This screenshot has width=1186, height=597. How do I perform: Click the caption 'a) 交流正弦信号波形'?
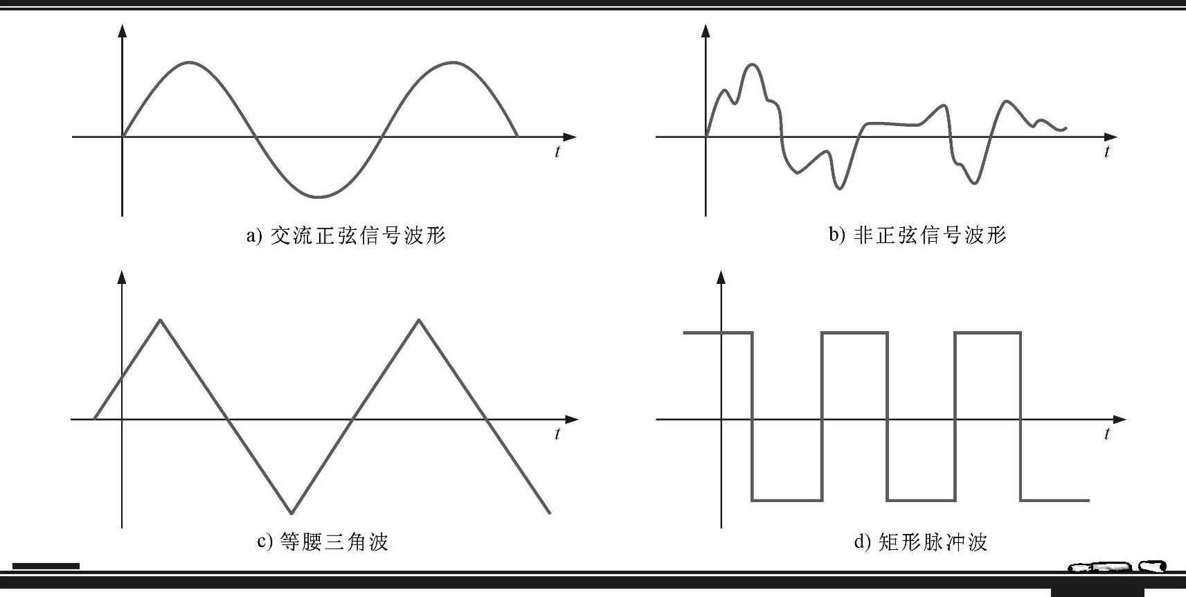(346, 235)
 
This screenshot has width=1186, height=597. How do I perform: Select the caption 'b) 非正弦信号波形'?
(917, 235)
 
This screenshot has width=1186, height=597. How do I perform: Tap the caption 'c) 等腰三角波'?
(323, 541)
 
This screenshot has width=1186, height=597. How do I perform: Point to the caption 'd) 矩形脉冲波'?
(920, 541)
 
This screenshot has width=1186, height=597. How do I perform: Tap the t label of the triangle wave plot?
(557, 434)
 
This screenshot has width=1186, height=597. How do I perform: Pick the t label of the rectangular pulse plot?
(1107, 434)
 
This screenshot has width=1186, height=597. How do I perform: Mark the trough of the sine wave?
(318, 197)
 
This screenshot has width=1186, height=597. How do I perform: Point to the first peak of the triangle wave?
(161, 319)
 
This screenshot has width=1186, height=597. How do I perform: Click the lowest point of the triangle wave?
(291, 513)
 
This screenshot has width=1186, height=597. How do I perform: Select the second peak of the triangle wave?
(418, 319)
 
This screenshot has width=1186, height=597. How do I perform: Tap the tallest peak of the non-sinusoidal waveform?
(753, 65)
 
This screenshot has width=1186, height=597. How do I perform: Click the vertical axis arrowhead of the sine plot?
(123, 30)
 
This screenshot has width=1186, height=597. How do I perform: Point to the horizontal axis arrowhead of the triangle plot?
(571, 419)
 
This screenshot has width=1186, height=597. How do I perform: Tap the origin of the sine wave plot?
(123, 137)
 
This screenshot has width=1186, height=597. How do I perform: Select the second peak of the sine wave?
(452, 63)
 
